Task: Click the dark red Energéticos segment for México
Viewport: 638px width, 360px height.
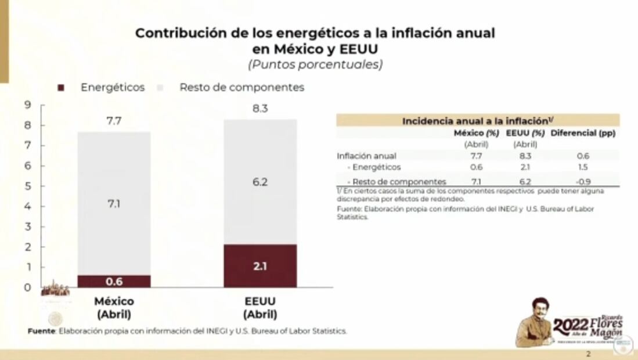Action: point(114,282)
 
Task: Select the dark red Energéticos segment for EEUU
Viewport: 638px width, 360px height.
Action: point(260,266)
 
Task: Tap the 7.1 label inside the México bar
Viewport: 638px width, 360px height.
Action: point(114,204)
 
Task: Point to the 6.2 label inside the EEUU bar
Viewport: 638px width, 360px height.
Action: point(260,182)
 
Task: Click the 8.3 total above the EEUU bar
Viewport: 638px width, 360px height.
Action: point(260,108)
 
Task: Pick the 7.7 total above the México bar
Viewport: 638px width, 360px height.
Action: point(114,121)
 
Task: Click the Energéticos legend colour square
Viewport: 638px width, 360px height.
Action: point(62,88)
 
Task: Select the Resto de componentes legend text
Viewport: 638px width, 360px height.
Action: point(241,88)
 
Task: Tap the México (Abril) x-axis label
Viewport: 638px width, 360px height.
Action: point(114,308)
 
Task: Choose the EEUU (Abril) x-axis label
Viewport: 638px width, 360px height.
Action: point(260,308)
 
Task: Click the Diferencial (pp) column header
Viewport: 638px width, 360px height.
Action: point(583,133)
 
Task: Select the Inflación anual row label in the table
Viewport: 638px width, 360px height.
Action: point(366,156)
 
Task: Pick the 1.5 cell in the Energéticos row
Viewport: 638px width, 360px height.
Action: point(583,167)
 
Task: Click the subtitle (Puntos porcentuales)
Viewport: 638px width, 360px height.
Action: point(315,64)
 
